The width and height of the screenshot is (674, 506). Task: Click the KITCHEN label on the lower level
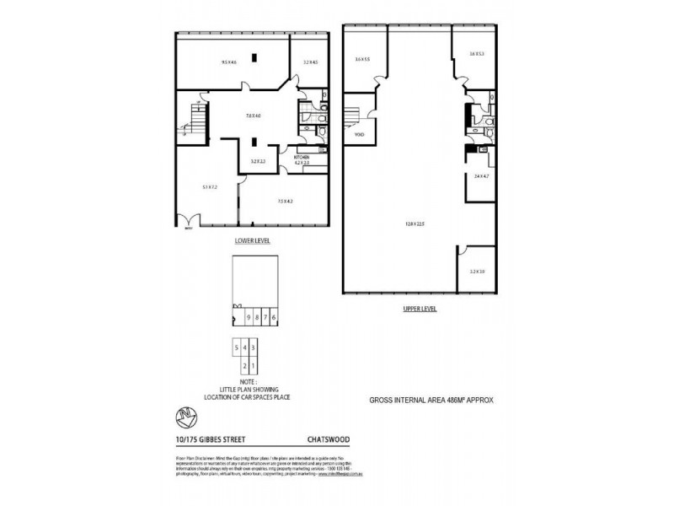[x=302, y=156]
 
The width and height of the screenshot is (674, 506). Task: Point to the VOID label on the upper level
[x=358, y=134]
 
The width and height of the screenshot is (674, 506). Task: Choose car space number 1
[x=252, y=365]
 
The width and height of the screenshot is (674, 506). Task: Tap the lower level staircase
[x=194, y=129]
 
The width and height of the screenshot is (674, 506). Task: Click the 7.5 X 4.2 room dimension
[x=284, y=201]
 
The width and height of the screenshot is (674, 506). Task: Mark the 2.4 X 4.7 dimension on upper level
[x=481, y=176]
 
